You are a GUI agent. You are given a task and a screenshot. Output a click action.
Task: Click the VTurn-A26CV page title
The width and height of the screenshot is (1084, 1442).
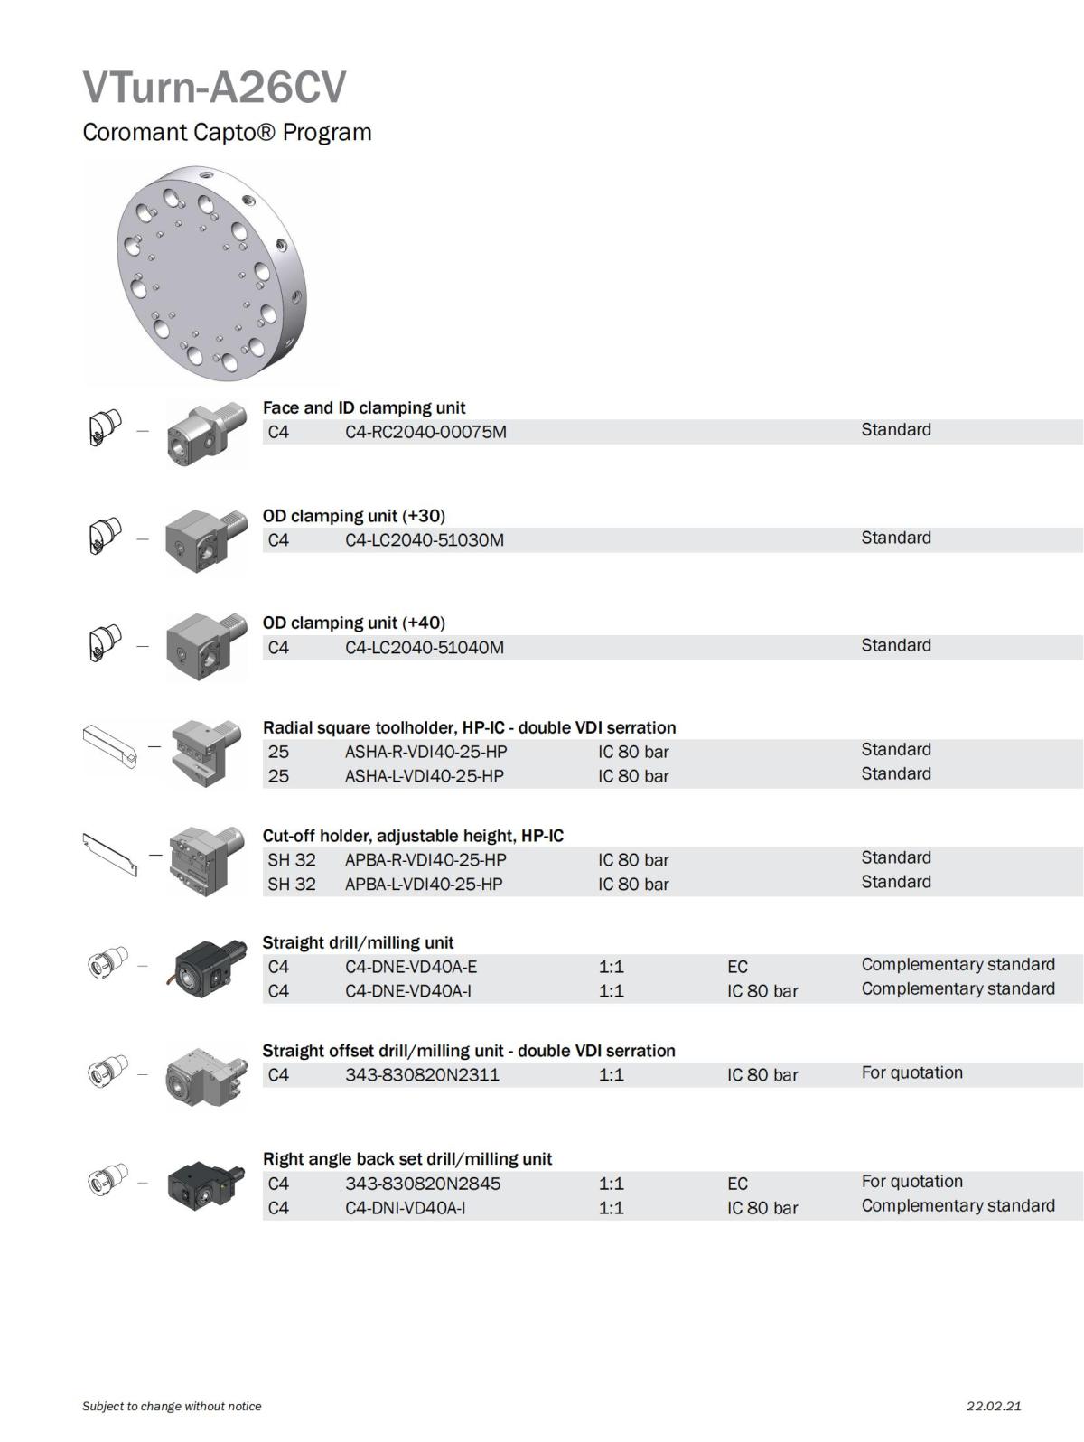(x=214, y=87)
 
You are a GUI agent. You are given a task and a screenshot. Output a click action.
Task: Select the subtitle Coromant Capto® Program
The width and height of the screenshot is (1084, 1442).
(x=227, y=132)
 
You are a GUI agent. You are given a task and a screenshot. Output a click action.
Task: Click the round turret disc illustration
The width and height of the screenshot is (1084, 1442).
(x=211, y=275)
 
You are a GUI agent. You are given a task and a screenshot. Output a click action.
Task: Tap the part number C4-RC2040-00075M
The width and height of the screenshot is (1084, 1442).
(x=425, y=432)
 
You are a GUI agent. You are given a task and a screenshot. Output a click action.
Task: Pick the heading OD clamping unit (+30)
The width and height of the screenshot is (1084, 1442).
(x=354, y=516)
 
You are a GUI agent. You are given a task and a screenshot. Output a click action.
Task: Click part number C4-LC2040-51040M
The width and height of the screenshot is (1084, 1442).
(x=425, y=648)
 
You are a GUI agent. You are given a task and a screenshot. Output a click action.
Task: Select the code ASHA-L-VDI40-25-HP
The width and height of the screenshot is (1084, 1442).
(x=425, y=776)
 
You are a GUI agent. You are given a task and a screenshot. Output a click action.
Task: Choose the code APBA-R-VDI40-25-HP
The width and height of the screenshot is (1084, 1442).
(x=425, y=860)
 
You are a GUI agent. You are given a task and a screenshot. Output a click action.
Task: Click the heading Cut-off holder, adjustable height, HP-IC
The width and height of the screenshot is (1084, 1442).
(x=413, y=836)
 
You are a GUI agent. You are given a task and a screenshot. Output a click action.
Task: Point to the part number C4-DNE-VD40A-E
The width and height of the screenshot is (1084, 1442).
(x=411, y=967)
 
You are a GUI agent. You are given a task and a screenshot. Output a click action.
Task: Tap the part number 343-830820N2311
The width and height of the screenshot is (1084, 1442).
(x=422, y=1075)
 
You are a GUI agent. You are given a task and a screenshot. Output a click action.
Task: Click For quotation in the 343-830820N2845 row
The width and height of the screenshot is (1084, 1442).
(x=912, y=1181)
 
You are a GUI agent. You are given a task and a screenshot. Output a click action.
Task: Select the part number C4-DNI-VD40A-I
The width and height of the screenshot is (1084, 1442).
(x=405, y=1207)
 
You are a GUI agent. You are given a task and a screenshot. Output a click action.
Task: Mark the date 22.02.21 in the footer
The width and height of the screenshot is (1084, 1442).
(x=994, y=1406)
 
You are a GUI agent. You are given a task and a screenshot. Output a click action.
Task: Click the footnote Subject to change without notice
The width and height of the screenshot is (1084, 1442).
(x=172, y=1406)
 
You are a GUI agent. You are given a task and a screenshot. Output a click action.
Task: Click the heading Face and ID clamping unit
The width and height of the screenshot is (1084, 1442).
(x=364, y=408)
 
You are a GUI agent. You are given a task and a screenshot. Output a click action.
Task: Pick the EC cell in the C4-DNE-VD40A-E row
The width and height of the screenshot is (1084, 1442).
(x=737, y=967)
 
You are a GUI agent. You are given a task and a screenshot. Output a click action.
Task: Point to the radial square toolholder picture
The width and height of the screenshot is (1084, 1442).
(x=205, y=753)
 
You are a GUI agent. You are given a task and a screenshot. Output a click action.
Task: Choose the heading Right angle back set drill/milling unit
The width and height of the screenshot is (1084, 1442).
(x=407, y=1159)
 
